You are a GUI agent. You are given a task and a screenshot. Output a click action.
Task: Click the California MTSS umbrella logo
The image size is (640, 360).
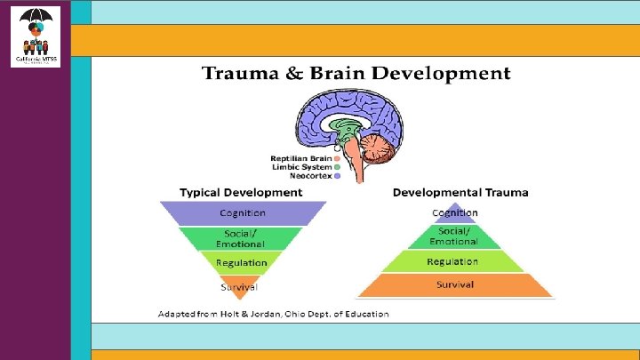(36, 36)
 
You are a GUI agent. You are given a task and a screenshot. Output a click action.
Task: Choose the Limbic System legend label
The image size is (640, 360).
(301, 166)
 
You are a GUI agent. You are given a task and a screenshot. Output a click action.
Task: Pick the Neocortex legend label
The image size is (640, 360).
(307, 176)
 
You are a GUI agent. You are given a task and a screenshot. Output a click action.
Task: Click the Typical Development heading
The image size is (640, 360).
(241, 192)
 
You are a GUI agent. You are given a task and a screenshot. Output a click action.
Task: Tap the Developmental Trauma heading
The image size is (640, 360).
(460, 192)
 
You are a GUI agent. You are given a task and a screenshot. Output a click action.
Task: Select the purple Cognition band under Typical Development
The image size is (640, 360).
(243, 213)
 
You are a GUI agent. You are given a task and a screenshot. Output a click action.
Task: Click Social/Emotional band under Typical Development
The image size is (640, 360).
(241, 238)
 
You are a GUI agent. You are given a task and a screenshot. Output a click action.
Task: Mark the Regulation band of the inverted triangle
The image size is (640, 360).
(241, 262)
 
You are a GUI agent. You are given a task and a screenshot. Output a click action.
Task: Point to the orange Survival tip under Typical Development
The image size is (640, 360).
(240, 286)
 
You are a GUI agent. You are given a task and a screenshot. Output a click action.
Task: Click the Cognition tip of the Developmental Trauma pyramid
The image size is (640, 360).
(454, 213)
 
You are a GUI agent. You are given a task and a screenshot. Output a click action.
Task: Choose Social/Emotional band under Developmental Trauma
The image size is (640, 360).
(454, 236)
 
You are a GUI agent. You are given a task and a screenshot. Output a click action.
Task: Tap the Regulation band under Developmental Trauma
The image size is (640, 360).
(453, 261)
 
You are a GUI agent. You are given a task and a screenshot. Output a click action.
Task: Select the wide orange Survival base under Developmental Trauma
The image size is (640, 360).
(454, 284)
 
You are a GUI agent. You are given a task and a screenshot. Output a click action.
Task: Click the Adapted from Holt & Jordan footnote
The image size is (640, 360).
(273, 314)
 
